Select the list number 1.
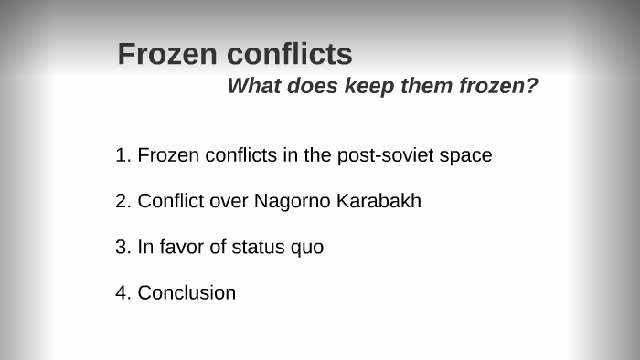tap(122, 155)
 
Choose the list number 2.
tap(122, 201)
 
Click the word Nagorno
tap(293, 201)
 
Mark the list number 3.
tap(122, 247)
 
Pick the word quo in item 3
tap(308, 248)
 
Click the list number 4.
tap(122, 292)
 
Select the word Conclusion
tap(187, 292)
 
